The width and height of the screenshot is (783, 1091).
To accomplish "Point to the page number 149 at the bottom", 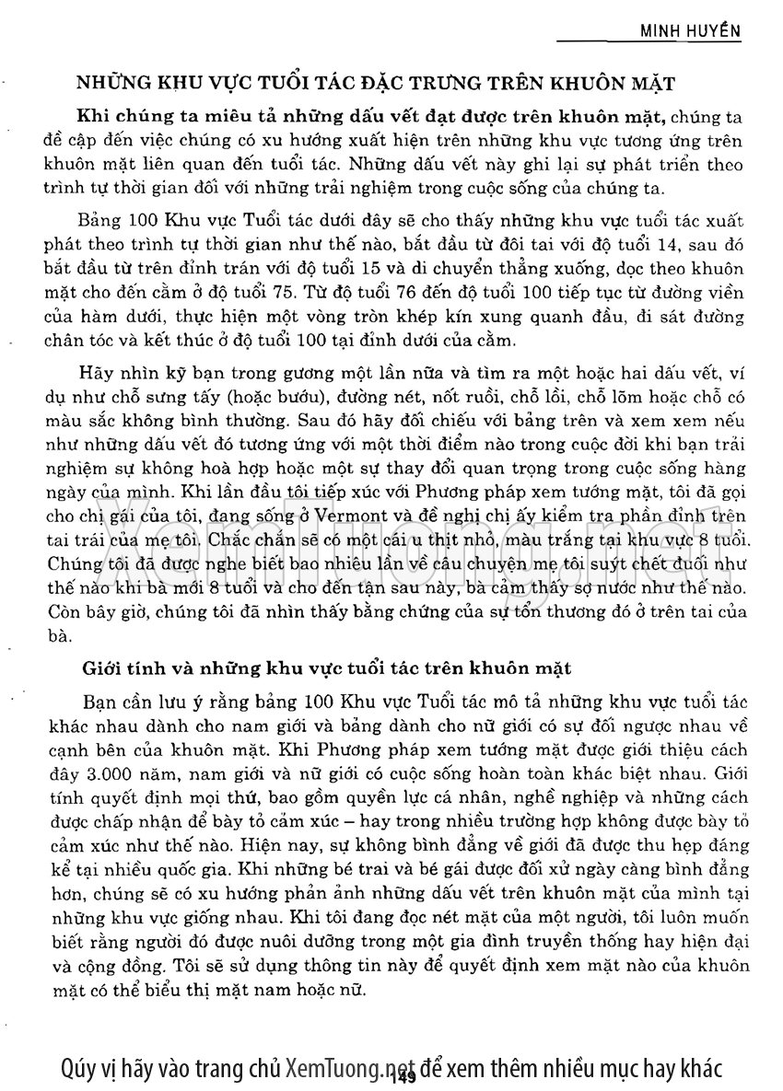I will (x=406, y=1076).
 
